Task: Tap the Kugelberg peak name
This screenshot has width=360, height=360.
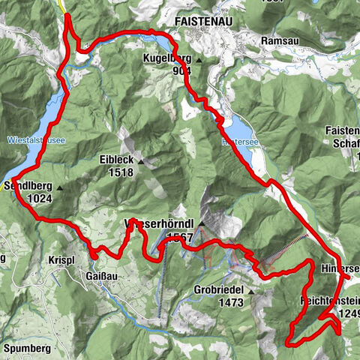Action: [x=170, y=58]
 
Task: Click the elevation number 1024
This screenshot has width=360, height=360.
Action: [x=37, y=198]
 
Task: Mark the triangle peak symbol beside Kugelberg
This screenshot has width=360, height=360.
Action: [x=200, y=59]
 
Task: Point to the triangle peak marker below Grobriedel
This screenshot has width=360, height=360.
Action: [x=252, y=292]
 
